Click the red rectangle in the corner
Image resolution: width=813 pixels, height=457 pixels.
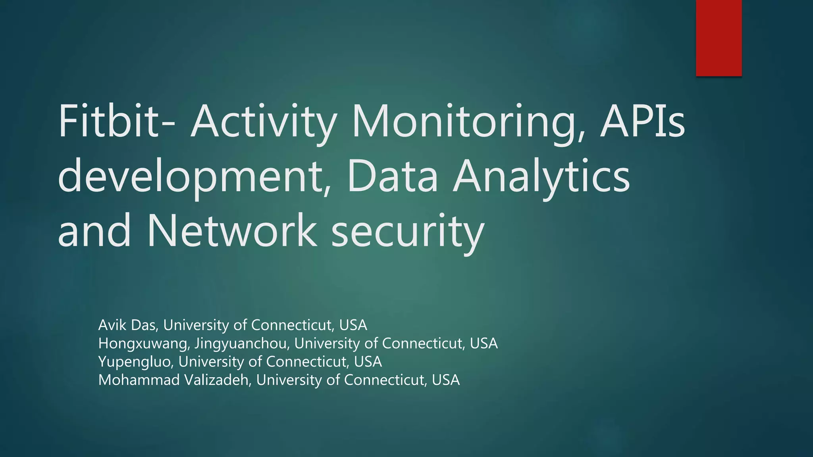pyautogui.click(x=719, y=38)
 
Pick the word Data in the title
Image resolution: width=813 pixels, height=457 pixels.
pyautogui.click(x=392, y=176)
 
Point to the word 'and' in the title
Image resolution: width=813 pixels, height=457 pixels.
pyautogui.click(x=94, y=230)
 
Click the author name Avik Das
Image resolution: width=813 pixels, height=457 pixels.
pyautogui.click(x=128, y=325)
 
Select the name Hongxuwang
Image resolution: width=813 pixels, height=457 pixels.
pyautogui.click(x=143, y=344)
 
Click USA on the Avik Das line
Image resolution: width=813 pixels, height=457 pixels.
pyautogui.click(x=353, y=325)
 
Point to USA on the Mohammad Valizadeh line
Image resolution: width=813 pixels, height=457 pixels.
pyautogui.click(x=446, y=380)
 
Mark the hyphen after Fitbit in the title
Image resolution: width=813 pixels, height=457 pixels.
pyautogui.click(x=169, y=124)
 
